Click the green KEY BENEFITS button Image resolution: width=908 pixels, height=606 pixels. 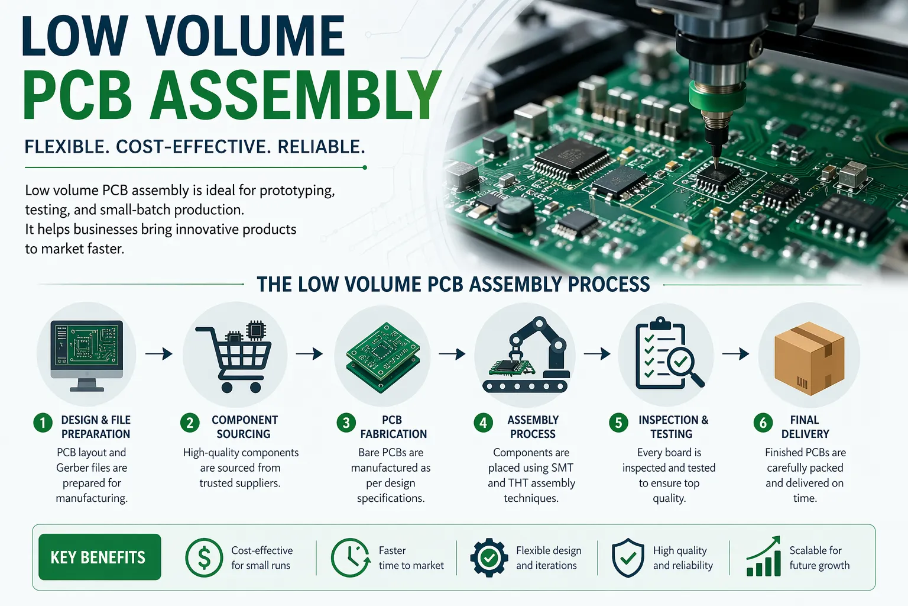[99, 557]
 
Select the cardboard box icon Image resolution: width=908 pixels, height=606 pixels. [809, 358]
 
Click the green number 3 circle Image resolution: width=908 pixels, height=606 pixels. [346, 423]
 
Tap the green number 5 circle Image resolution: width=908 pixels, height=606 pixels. [618, 423]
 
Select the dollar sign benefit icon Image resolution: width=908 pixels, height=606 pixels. [204, 557]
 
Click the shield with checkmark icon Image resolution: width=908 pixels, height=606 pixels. [628, 557]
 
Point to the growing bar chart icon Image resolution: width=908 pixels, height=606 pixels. [764, 557]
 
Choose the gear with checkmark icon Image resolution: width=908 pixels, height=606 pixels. [489, 557]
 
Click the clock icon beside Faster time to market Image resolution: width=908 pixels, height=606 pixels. [351, 557]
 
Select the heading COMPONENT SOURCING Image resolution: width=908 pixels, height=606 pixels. [244, 427]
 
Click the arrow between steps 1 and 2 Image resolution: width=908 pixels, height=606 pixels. [158, 354]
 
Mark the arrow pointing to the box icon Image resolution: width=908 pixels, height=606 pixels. [735, 354]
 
